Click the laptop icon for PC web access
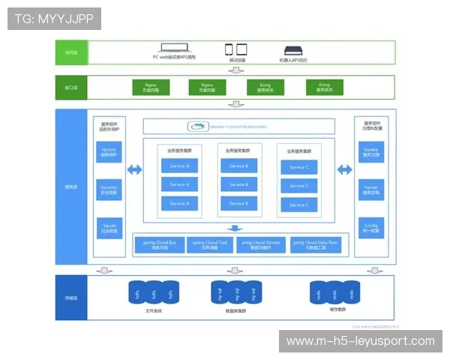tap(174, 49)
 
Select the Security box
tap(109, 189)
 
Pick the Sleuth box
tap(109, 227)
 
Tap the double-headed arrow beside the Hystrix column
tap(134, 170)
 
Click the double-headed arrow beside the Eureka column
tap(344, 170)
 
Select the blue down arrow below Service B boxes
tap(235, 228)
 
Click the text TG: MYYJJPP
tap(54, 18)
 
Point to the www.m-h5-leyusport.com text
tap(360, 341)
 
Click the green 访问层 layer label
tap(72, 52)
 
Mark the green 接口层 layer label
tap(72, 88)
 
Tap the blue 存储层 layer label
tap(72, 298)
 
